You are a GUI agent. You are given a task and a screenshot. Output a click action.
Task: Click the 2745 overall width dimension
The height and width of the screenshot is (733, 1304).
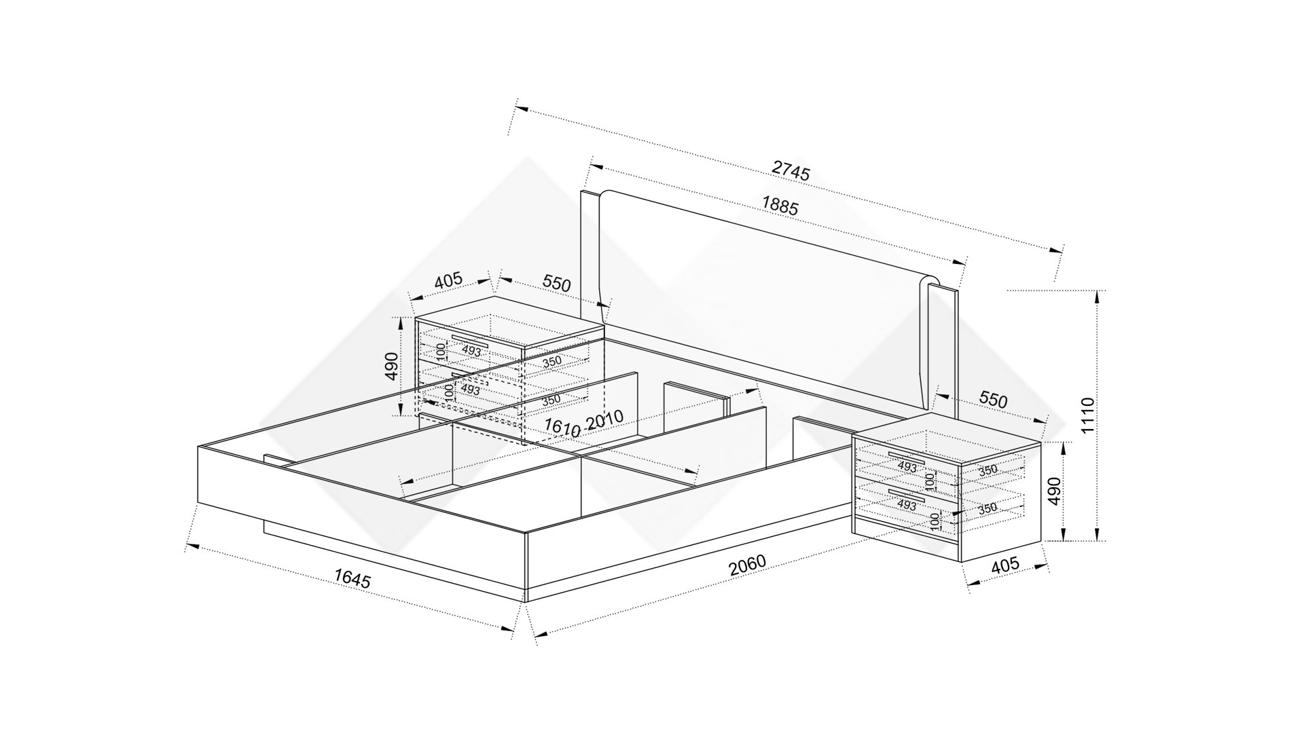tap(791, 170)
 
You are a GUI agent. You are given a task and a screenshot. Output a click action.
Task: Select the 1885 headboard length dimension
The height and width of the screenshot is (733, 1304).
tap(780, 205)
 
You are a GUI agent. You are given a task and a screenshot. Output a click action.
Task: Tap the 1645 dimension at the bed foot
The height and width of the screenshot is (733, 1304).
tap(352, 578)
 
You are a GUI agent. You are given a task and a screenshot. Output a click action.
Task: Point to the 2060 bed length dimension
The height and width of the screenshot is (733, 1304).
tap(747, 565)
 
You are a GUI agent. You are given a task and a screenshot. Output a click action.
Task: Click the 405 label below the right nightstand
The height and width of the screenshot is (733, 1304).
tap(1005, 565)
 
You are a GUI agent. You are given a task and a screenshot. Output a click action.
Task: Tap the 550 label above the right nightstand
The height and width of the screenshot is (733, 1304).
tap(993, 400)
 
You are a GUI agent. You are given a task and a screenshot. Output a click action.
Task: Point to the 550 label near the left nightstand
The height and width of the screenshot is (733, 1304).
tap(556, 284)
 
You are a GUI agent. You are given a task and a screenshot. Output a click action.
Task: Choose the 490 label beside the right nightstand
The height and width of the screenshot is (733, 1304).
tap(1053, 491)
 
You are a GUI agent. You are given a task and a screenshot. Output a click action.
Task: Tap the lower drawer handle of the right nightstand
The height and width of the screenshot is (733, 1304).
tap(906, 493)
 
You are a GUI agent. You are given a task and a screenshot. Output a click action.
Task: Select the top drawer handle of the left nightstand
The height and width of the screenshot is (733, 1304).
tap(470, 341)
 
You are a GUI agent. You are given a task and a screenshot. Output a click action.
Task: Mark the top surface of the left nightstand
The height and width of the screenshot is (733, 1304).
tap(509, 322)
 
